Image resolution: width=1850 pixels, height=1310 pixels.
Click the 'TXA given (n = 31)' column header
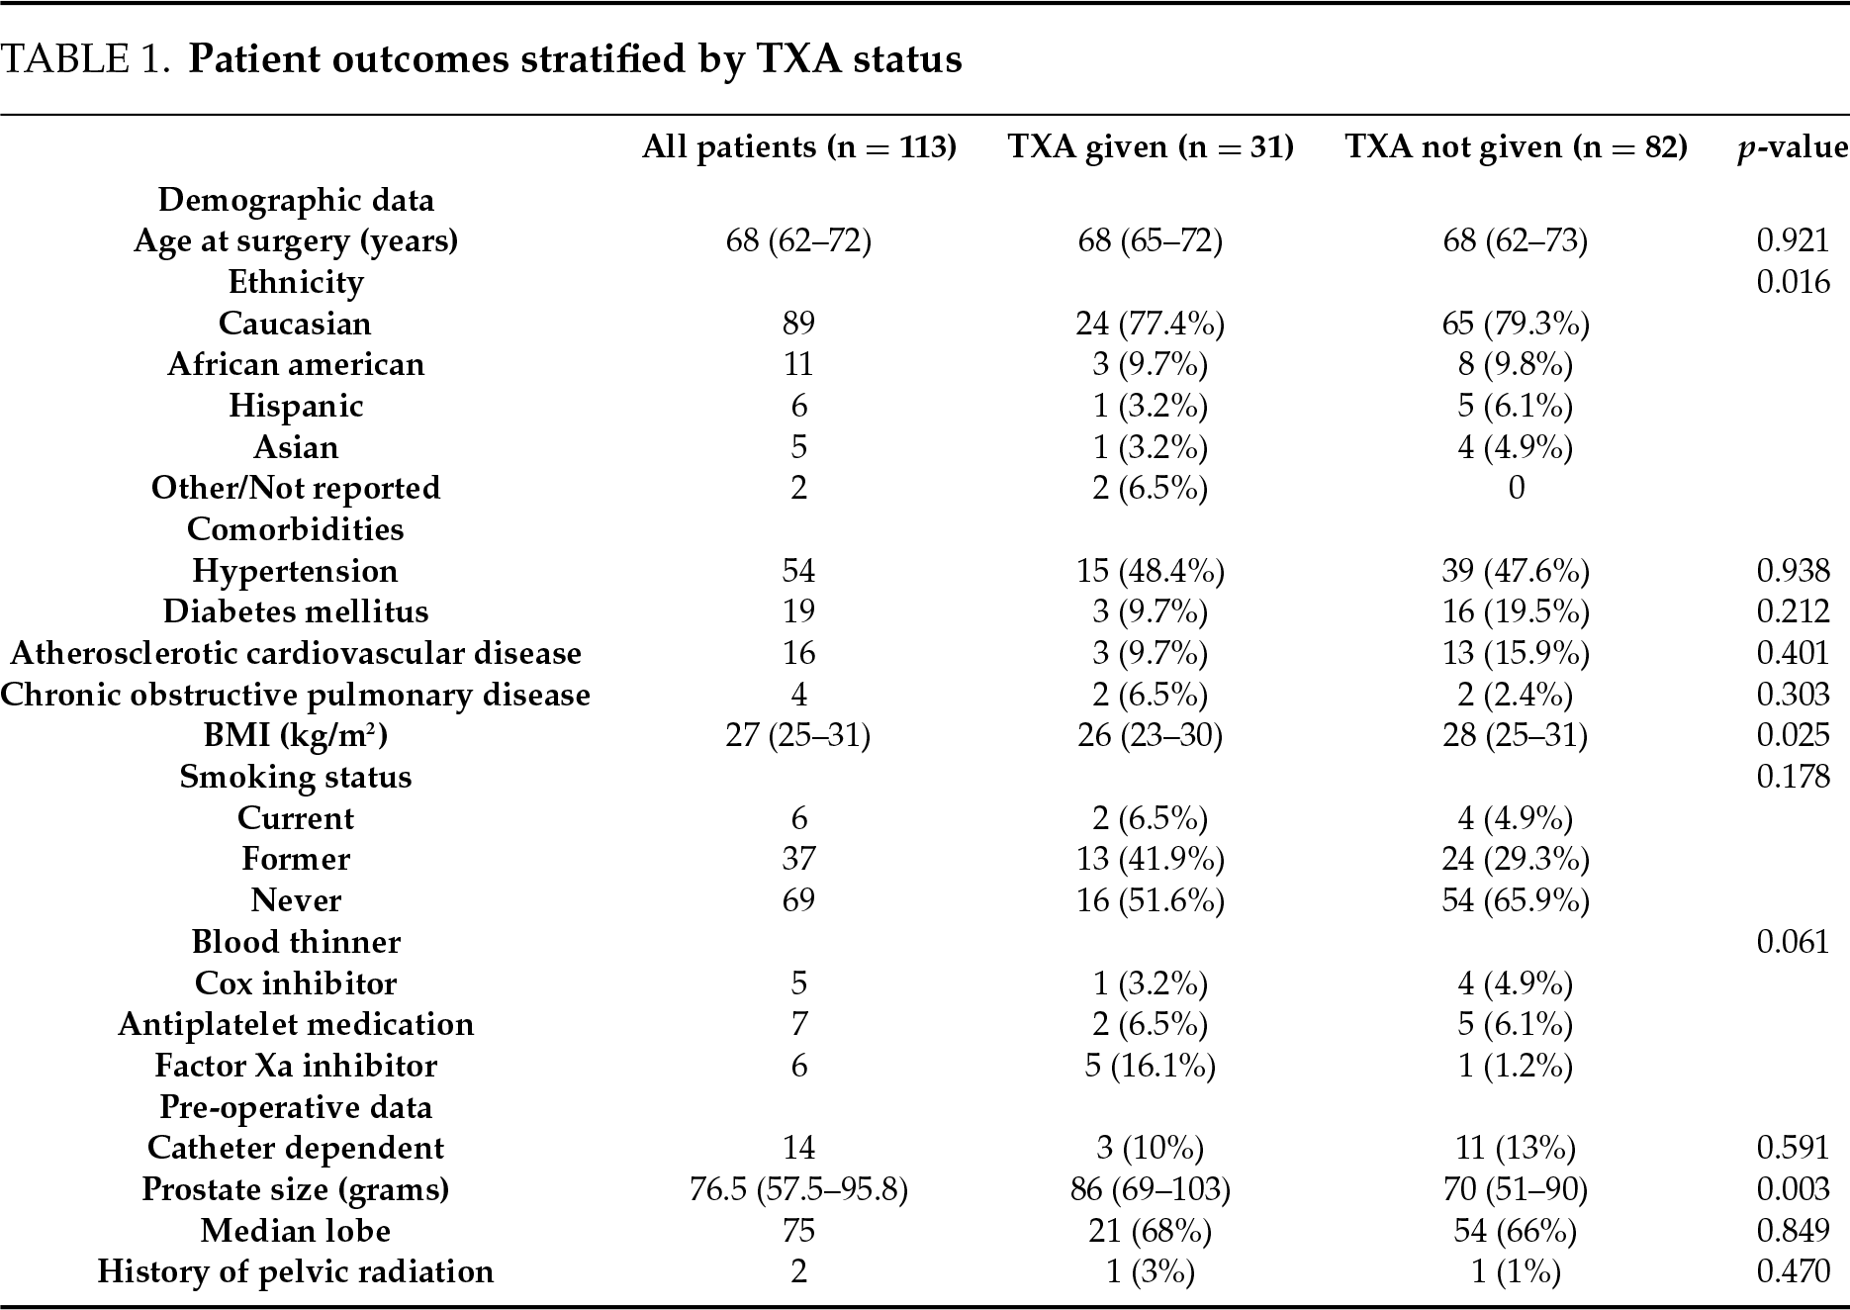point(1150,147)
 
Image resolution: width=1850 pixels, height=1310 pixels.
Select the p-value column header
point(1793,147)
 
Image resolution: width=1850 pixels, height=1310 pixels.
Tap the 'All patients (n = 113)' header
point(798,147)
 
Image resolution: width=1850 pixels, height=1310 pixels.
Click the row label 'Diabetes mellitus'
point(296,611)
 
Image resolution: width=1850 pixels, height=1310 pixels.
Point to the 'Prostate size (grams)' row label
point(296,1189)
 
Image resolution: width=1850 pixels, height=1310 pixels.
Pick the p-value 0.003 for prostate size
point(1793,1189)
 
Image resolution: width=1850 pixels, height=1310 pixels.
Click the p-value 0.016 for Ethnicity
point(1793,282)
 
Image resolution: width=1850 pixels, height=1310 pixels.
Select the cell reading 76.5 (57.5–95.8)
point(798,1189)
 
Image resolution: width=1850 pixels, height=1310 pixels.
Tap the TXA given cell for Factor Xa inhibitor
point(1150,1066)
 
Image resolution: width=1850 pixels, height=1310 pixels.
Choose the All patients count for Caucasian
point(798,324)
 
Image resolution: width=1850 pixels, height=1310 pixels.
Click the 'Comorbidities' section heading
point(296,529)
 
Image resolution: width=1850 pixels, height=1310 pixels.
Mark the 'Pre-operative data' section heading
point(296,1107)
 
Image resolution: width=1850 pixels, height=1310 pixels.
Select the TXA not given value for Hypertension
point(1516,571)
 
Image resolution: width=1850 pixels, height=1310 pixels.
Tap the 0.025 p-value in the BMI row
point(1793,735)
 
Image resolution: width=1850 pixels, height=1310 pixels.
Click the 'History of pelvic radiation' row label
point(296,1271)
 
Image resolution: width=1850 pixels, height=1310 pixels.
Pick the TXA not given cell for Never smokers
point(1516,900)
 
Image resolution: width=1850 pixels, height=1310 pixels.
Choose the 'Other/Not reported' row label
point(296,488)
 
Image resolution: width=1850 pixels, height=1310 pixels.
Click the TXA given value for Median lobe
point(1150,1231)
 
